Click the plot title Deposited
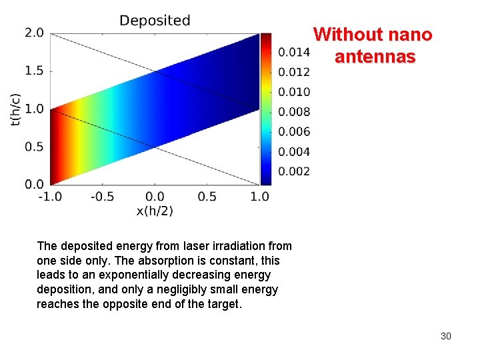pos(155,21)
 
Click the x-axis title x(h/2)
pos(155,211)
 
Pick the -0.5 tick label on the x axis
pos(102,197)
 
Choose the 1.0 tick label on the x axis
pos(259,197)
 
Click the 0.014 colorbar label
pos(294,52)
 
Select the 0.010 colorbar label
pos(294,92)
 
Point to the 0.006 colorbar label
pos(294,132)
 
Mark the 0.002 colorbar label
pos(294,171)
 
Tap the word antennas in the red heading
pos(375,57)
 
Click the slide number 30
pos(445,336)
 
